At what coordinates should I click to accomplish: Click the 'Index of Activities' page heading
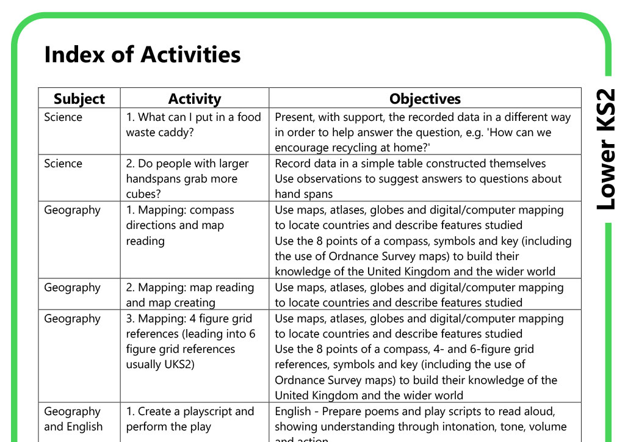coord(142,55)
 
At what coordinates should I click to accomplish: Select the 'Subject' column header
coord(79,99)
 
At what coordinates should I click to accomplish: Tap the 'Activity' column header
coord(194,99)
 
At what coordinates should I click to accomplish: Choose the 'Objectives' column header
coord(425,99)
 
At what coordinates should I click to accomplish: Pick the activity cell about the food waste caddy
coord(193,125)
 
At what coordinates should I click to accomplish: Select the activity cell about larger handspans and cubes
coord(187,179)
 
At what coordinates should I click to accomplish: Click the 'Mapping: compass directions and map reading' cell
coord(180,225)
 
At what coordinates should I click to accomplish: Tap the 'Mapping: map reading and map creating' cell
coord(190,295)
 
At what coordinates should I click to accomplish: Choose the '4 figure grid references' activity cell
coord(190,341)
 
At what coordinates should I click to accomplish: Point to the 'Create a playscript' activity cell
coord(190,419)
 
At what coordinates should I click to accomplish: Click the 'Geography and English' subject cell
coord(73,419)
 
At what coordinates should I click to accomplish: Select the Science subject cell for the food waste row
coord(63,117)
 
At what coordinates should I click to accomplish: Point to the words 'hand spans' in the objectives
coord(303,194)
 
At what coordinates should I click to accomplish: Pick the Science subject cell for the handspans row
coord(63,164)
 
